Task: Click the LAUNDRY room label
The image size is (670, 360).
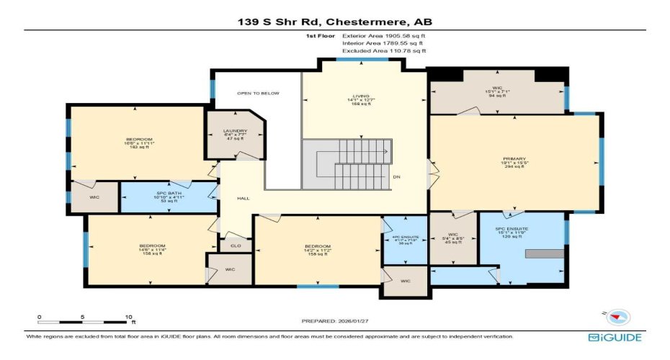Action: click(x=231, y=131)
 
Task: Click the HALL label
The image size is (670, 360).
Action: click(x=243, y=198)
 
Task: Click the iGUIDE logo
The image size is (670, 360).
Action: click(x=615, y=337)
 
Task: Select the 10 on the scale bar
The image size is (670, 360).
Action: click(x=129, y=317)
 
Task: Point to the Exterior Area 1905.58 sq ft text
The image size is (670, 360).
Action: click(x=383, y=35)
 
